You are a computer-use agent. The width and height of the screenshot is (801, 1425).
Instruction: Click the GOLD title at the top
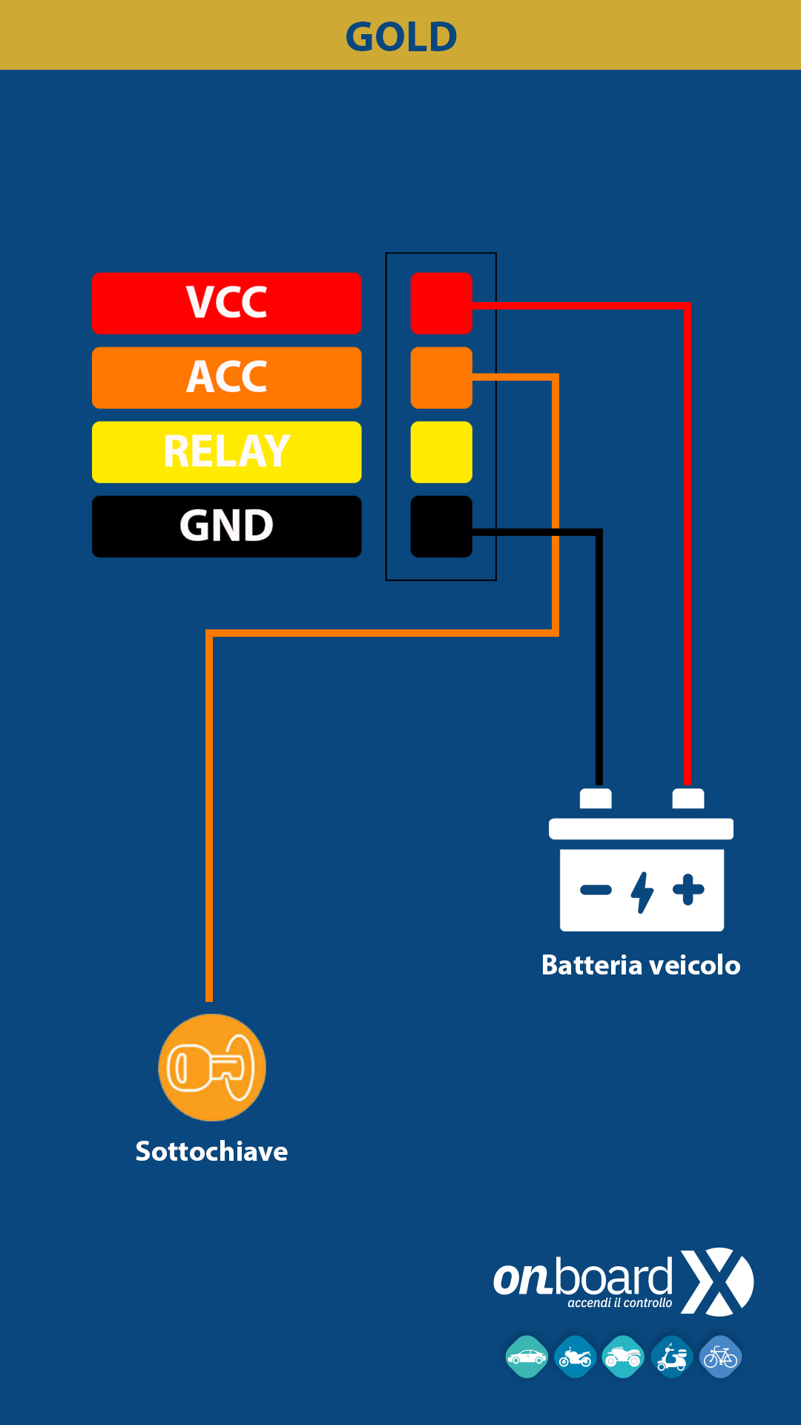coord(401,36)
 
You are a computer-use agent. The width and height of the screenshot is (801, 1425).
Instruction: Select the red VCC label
coord(227,303)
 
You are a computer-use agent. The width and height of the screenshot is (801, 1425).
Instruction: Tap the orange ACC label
coord(227,377)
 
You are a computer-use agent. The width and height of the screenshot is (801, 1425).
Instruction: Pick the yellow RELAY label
coord(227,451)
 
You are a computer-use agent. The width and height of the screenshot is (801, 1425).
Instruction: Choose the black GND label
coord(227,525)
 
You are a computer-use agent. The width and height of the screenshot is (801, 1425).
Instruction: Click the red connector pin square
coord(441,303)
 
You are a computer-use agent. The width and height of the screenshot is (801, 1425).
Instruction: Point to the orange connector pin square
coord(441,377)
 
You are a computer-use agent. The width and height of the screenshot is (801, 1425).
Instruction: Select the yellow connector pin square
coord(441,451)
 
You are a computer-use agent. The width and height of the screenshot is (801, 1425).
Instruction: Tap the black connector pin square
coord(441,525)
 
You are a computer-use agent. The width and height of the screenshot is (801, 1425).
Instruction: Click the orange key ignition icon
coord(212,1067)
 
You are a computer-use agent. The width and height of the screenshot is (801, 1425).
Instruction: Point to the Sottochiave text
coord(211,1151)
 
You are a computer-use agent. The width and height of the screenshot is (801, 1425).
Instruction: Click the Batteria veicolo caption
coord(641,965)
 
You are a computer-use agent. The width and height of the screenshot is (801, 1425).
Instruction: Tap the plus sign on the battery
coord(688,890)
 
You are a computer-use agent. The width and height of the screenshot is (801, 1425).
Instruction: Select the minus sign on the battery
coord(596,890)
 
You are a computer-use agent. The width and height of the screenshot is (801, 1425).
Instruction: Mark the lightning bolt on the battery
coord(642,891)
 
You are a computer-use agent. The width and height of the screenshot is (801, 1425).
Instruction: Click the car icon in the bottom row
coord(527,1357)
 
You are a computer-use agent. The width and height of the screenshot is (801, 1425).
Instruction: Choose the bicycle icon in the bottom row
coord(720,1357)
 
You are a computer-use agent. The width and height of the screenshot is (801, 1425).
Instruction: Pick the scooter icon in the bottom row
coord(672,1357)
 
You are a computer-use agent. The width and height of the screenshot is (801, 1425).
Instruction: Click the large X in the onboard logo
coord(717,1282)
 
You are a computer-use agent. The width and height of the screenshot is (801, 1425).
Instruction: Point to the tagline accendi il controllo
coord(620,1303)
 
